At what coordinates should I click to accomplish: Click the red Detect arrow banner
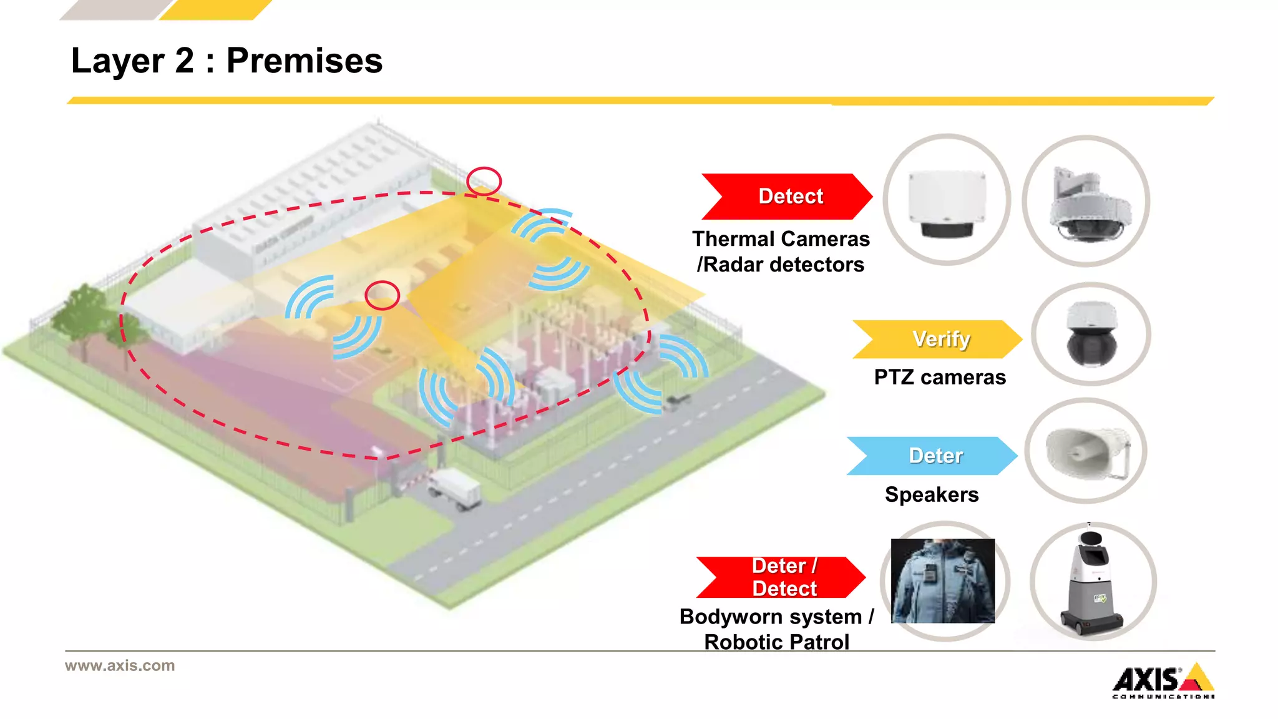[788, 197]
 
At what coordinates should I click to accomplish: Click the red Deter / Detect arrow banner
[782, 577]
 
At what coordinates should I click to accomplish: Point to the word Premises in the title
[304, 61]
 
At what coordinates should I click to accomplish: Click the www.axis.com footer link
[120, 665]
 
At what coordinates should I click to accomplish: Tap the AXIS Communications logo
[1163, 681]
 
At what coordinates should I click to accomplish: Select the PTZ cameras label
[939, 378]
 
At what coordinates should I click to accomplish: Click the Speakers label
[931, 494]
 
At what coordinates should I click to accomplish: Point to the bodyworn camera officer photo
[943, 580]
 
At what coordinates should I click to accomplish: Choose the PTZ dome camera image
[1091, 334]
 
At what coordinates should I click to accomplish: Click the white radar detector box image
[947, 201]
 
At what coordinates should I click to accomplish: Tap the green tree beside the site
[84, 315]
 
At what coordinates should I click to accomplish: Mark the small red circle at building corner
[484, 181]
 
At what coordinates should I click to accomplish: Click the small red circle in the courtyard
[382, 295]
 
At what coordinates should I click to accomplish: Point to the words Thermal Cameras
[781, 239]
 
